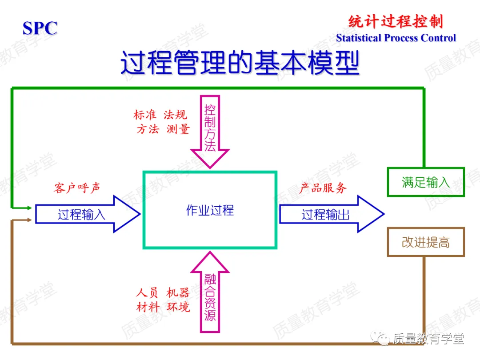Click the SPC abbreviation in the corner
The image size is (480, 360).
(x=40, y=28)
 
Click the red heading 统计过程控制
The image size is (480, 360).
(x=395, y=21)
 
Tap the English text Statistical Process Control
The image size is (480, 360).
(x=396, y=38)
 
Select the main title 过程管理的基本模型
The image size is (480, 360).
(x=240, y=63)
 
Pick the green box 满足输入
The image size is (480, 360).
(x=426, y=182)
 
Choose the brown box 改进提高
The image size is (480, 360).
(x=426, y=242)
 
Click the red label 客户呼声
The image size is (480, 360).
(x=77, y=188)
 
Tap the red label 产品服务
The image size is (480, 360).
(x=323, y=188)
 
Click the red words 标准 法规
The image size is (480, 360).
(x=160, y=115)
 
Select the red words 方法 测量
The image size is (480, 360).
(x=163, y=129)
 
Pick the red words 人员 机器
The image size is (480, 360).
(x=163, y=292)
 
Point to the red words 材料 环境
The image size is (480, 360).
(x=163, y=307)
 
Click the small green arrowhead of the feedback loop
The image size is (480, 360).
(x=29, y=208)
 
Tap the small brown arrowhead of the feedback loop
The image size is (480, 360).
(x=29, y=220)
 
